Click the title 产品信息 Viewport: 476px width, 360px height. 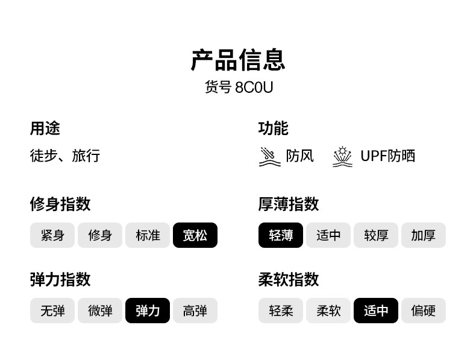coord(238,60)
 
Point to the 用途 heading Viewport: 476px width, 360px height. coord(45,128)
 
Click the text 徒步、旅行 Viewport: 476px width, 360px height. coord(65,156)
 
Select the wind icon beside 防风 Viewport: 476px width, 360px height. coord(269,156)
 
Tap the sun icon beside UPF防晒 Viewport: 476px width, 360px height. coord(342,156)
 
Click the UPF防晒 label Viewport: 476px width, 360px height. coord(387,156)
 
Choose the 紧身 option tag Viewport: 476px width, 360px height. coord(52,235)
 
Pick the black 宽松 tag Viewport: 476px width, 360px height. coord(195,235)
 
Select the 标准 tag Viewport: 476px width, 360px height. coord(148,235)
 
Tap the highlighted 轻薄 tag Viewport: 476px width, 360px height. coord(281,235)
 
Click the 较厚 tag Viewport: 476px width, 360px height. coord(376,235)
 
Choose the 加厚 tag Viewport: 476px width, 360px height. coord(424,235)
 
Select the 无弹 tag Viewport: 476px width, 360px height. coord(52,311)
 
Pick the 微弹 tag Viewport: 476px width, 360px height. coord(100,311)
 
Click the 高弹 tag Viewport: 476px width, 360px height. coord(195,311)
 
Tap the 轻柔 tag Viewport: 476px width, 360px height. coord(281,311)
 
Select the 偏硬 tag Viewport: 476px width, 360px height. coord(424,311)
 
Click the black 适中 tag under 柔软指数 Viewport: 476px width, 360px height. coord(376,311)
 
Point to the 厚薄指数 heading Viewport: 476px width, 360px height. coord(289,204)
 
